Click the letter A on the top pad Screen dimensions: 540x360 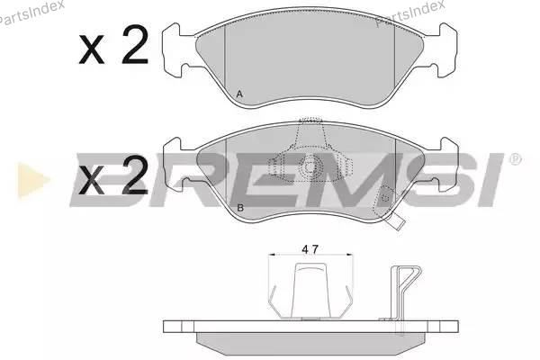click(x=239, y=94)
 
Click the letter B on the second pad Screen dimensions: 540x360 click(x=240, y=208)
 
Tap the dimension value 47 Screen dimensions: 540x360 click(x=310, y=249)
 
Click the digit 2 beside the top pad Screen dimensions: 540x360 click(x=135, y=45)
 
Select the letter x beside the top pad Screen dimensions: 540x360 click(x=91, y=49)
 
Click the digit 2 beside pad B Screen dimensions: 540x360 click(x=135, y=175)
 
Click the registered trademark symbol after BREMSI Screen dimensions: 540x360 click(x=515, y=159)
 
